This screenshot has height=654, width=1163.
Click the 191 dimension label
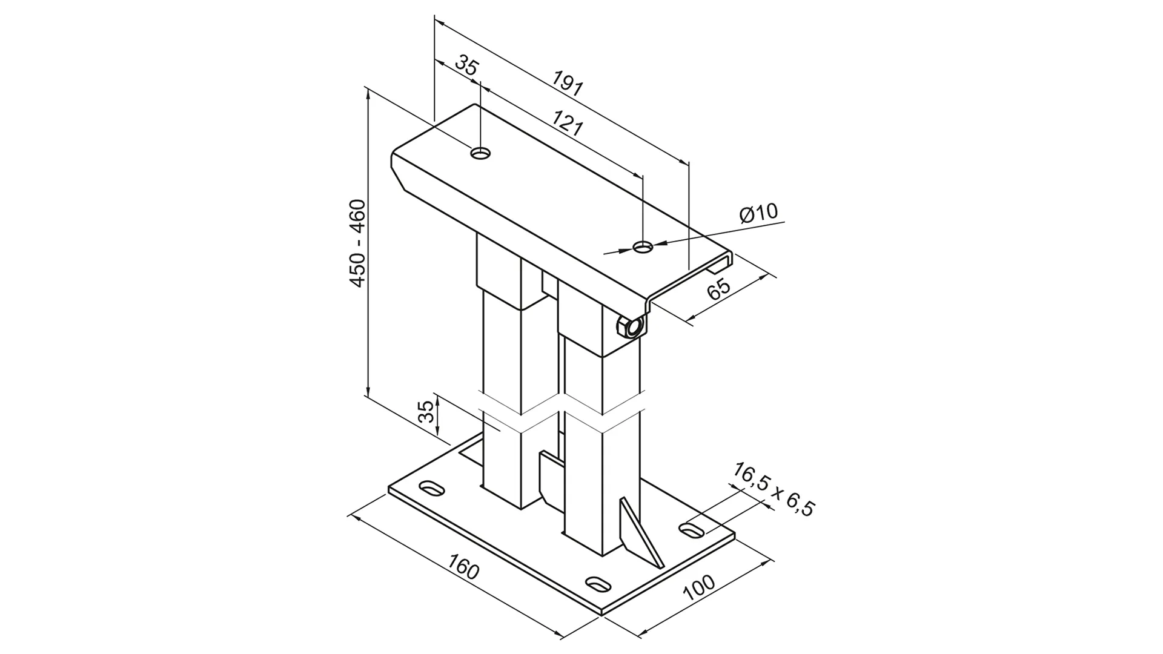[568, 84]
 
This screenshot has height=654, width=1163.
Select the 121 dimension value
[568, 124]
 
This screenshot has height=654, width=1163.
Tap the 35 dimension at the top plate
[466, 65]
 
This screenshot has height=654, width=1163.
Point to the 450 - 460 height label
[358, 243]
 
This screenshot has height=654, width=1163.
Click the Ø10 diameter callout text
[758, 213]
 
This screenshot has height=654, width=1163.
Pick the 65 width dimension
[719, 289]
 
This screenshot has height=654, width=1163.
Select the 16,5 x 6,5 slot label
[774, 489]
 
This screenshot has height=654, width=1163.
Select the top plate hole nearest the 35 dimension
[481, 153]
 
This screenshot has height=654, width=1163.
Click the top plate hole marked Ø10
[643, 246]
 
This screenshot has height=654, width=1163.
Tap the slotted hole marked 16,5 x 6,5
[691, 530]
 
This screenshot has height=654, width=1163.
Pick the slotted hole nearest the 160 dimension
[597, 584]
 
